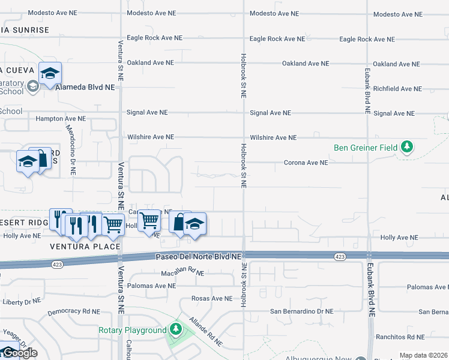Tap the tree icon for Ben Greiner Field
coord(407,146)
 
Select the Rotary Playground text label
coord(132,331)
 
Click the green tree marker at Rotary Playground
coord(175,329)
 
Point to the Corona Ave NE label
coord(306,163)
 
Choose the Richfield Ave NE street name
coord(397,89)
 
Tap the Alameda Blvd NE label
coord(85,87)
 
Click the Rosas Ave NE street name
coord(211,298)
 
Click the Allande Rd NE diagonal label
coord(206,332)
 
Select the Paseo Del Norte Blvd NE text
coord(198,257)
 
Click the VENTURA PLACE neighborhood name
coord(85,247)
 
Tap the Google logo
coord(19,353)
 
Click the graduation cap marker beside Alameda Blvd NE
coord(50,73)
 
